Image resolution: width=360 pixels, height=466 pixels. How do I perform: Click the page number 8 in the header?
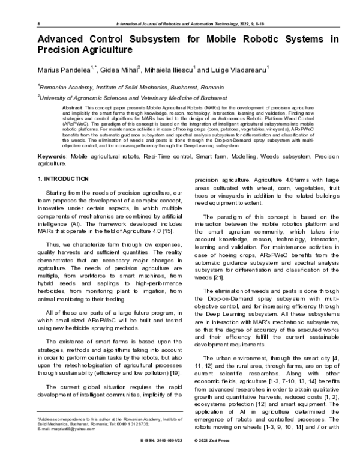click(38, 22)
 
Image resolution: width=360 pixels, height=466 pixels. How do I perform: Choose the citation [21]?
click(222, 278)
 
